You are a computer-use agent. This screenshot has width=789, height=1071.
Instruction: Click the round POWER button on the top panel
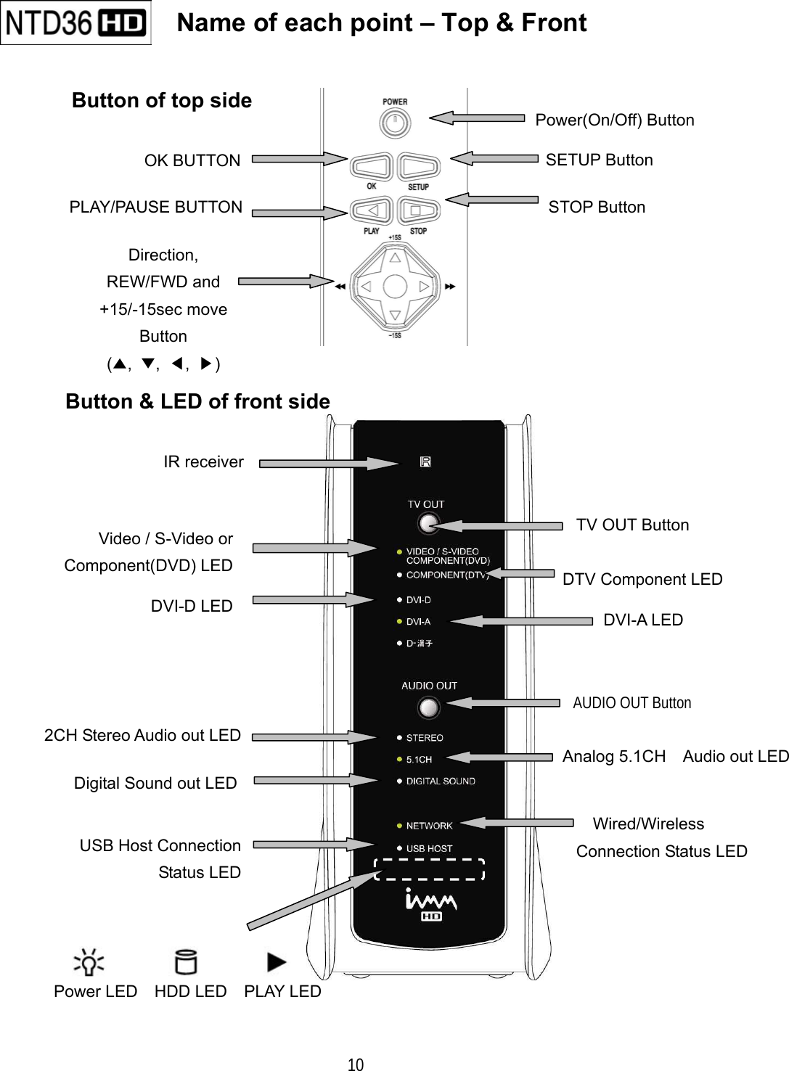(x=394, y=123)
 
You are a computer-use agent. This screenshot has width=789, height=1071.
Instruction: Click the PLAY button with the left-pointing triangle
(x=371, y=211)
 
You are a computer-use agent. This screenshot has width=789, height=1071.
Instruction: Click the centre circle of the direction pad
(x=394, y=287)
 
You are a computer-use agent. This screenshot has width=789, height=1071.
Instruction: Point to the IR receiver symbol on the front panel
(x=425, y=462)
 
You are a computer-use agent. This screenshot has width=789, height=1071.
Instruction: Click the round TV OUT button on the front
(x=429, y=523)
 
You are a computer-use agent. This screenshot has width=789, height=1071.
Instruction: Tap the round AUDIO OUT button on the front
(x=429, y=707)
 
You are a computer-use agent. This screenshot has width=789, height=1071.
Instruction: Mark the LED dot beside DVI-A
(x=399, y=622)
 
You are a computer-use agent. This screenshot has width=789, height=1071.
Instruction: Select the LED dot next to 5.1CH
(x=399, y=760)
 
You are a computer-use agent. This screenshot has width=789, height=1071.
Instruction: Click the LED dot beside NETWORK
(x=399, y=826)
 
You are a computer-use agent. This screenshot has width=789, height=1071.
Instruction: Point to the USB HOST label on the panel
(x=429, y=848)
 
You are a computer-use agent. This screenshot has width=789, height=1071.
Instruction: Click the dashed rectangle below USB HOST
(x=429, y=869)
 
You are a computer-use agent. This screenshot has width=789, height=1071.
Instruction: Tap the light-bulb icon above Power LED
(x=89, y=963)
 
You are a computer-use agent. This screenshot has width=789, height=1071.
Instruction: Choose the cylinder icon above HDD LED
(x=186, y=962)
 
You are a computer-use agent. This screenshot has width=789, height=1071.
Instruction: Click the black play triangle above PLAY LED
(x=277, y=962)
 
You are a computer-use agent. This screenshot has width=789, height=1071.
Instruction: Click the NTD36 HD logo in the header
(x=75, y=23)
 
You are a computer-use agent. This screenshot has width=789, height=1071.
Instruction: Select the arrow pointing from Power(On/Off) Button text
(x=476, y=118)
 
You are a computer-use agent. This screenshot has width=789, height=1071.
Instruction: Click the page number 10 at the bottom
(x=356, y=1064)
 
